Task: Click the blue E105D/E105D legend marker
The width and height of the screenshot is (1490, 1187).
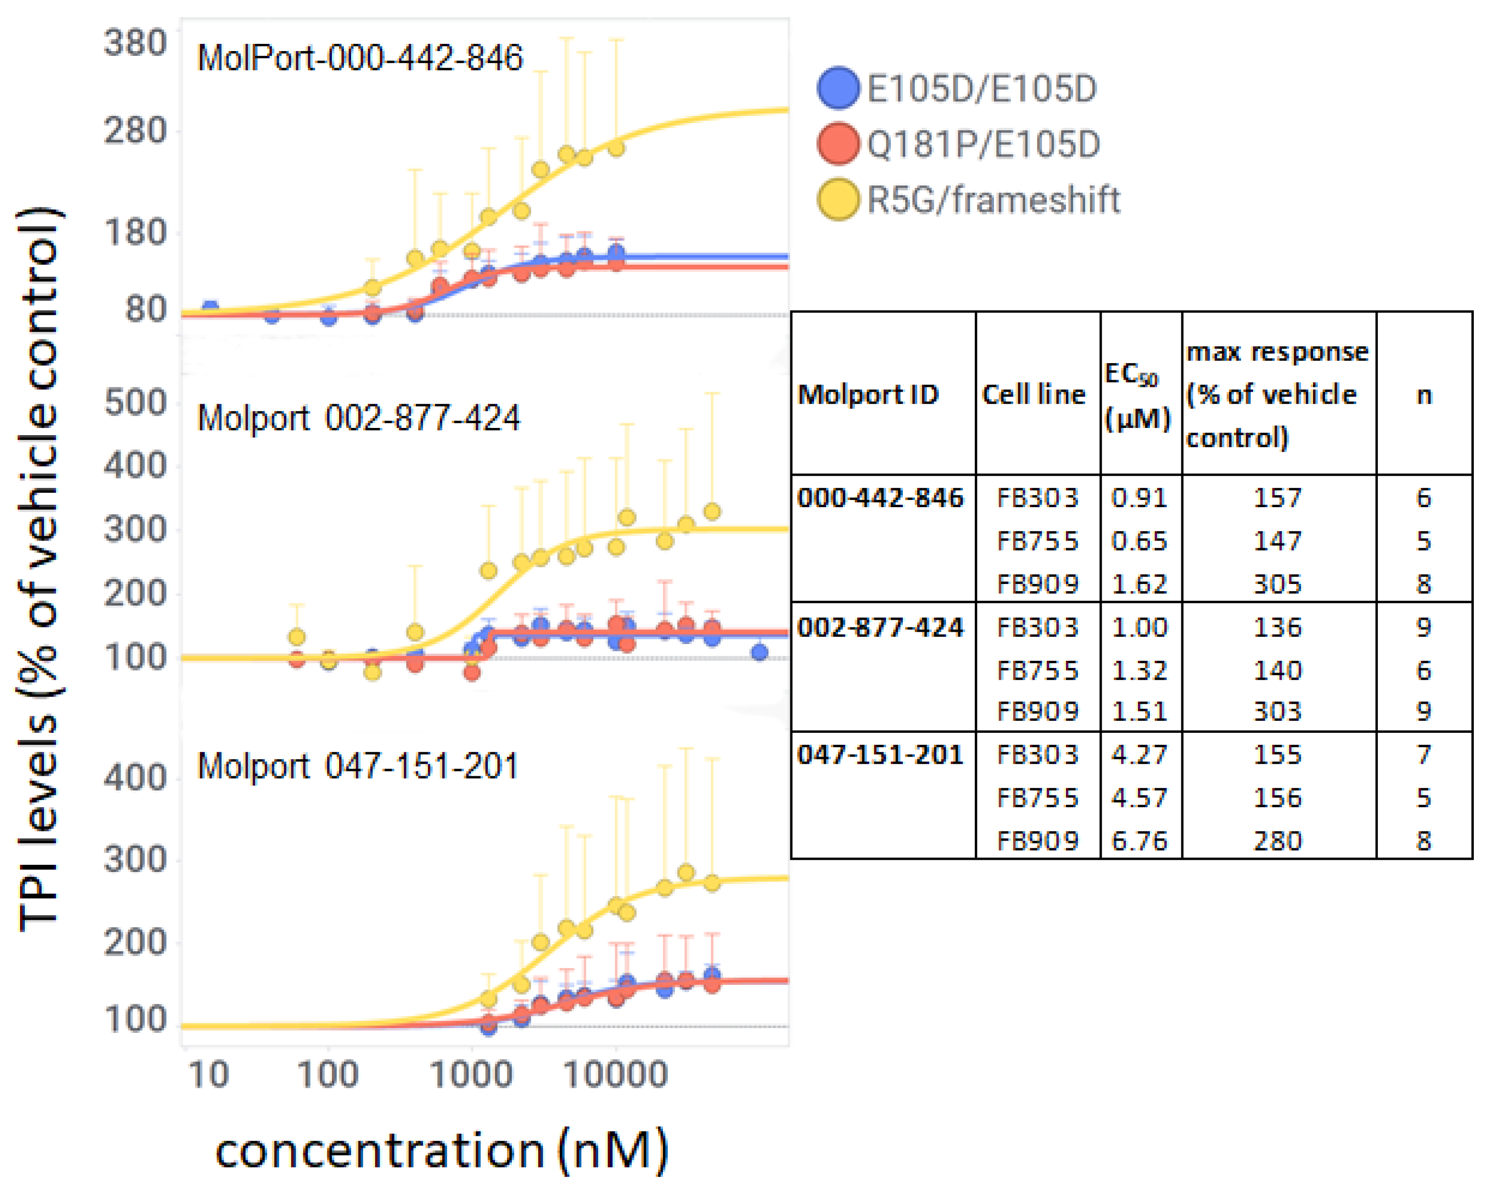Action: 838,88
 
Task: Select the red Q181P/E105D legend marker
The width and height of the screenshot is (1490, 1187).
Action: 838,144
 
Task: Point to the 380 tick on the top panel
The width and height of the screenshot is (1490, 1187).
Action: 135,43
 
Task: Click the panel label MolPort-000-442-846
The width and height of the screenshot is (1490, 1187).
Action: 359,58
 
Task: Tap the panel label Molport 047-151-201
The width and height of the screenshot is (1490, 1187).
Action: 357,766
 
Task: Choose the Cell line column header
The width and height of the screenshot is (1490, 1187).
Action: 1034,395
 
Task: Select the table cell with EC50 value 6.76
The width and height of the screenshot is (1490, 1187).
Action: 1139,841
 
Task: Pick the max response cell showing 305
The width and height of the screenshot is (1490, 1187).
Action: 1277,584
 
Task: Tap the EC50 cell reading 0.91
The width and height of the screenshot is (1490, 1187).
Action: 1139,498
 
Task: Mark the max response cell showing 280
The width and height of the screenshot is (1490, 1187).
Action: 1277,841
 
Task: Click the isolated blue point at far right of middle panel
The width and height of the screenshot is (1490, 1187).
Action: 759,652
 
